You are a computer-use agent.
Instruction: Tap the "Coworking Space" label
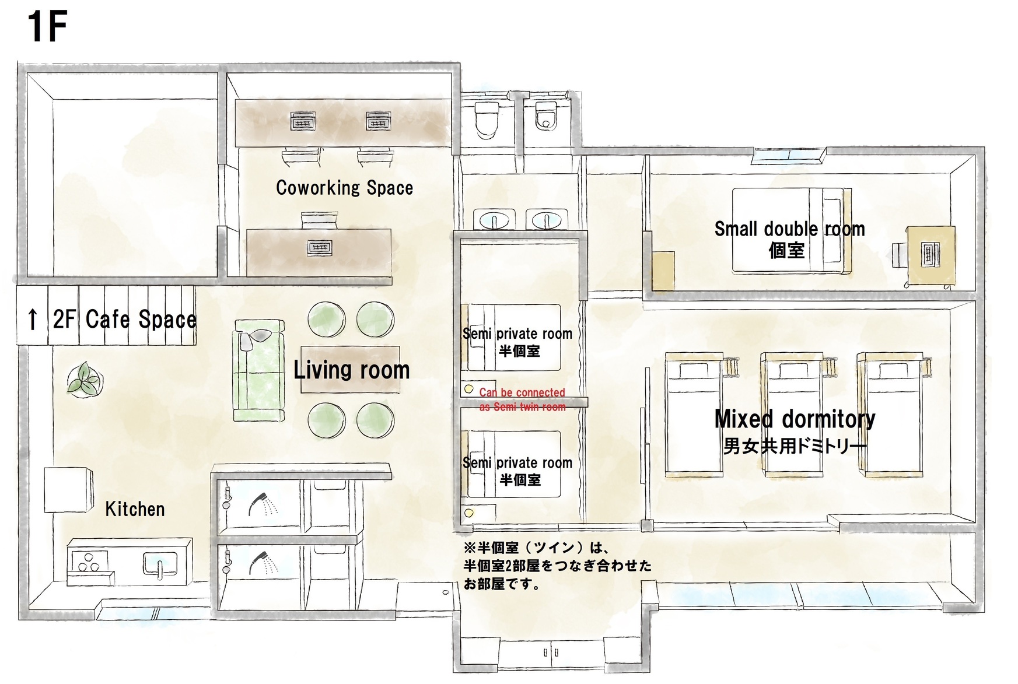click(344, 188)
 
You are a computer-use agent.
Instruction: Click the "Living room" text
click(351, 370)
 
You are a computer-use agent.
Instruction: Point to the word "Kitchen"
click(135, 509)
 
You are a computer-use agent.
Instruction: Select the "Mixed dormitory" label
click(795, 419)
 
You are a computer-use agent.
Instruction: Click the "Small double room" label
click(789, 229)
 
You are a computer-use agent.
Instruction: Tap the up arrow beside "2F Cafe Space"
click(33, 320)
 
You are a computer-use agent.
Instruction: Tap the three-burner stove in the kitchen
click(89, 562)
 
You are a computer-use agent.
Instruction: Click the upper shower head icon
click(262, 504)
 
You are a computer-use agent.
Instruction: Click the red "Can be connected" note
click(522, 392)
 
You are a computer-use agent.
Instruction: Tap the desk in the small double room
click(930, 255)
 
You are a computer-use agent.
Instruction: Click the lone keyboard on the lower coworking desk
click(319, 248)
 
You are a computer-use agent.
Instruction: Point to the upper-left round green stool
click(326, 319)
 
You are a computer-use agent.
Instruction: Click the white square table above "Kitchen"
click(68, 490)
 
